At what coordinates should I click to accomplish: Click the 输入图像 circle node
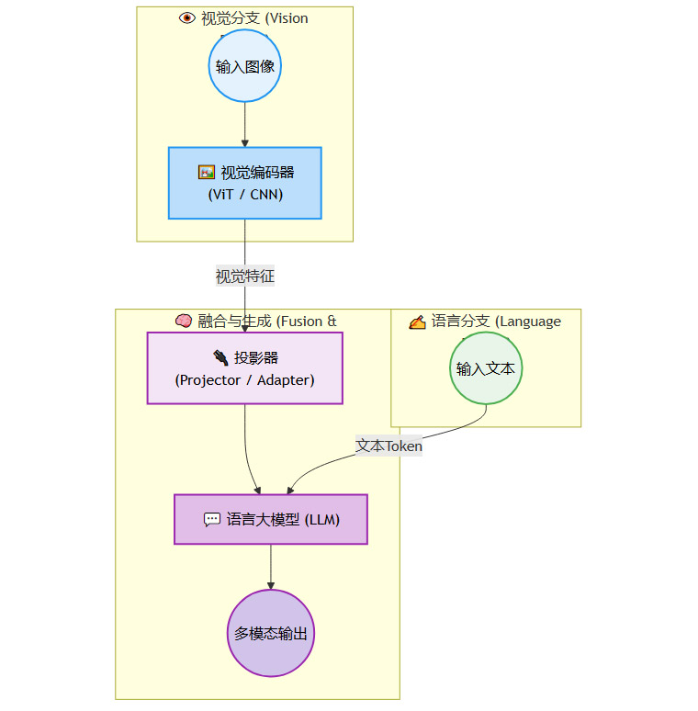[244, 66]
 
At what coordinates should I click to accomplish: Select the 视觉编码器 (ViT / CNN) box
[244, 183]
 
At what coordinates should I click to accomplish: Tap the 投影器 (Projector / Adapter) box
[244, 367]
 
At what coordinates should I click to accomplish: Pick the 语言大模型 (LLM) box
[271, 519]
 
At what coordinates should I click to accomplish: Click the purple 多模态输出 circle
[271, 633]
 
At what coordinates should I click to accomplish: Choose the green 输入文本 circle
[486, 368]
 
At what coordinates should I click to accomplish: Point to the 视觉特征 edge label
[244, 276]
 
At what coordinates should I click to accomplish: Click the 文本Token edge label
[389, 446]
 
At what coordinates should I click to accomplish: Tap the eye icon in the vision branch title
[187, 17]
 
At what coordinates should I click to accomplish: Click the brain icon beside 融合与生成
[183, 321]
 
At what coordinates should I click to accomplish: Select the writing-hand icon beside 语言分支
[417, 322]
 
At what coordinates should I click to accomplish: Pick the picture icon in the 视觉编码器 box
[206, 172]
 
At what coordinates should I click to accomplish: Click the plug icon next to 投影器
[220, 357]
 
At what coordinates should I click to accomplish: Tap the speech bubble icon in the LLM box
[211, 519]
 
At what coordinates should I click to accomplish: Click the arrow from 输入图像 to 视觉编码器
[244, 124]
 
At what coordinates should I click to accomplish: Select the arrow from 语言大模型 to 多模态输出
[271, 567]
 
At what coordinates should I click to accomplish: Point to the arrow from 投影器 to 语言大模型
[247, 450]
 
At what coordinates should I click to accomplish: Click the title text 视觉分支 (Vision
[254, 17]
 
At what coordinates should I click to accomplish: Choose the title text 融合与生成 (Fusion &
[267, 321]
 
